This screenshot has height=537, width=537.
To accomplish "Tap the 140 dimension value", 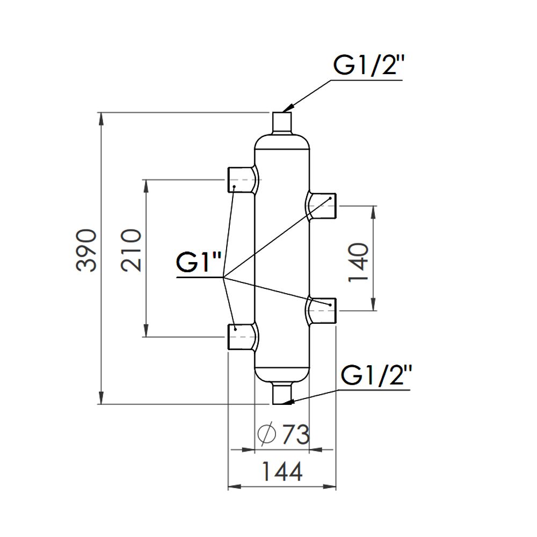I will (x=358, y=262).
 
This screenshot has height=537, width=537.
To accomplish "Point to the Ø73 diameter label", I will (x=285, y=434).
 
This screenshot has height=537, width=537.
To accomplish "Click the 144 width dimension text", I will (x=282, y=472).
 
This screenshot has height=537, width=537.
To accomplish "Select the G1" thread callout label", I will (x=199, y=264).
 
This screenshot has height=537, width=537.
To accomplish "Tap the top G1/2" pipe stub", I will (x=282, y=122).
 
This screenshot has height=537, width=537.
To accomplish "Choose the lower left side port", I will (x=241, y=336).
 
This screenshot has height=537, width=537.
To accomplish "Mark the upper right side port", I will (x=322, y=206).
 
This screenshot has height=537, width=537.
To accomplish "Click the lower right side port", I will (x=322, y=311).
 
